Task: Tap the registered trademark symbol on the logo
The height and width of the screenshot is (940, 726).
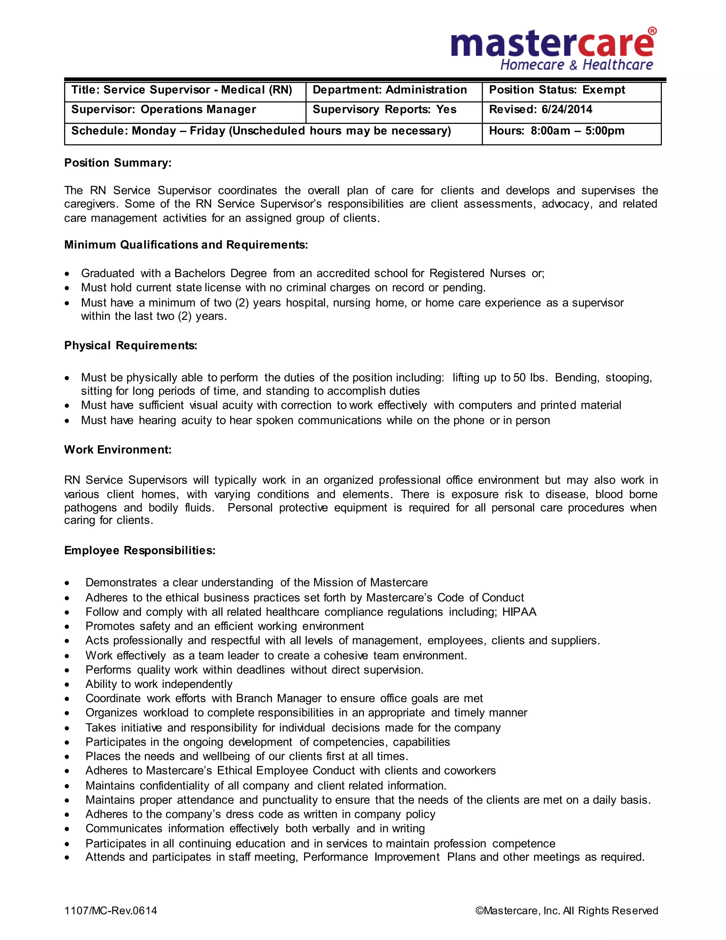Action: click(x=652, y=31)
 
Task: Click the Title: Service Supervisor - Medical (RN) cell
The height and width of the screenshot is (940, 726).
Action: click(x=181, y=90)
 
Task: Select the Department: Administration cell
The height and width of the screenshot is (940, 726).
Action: click(x=389, y=90)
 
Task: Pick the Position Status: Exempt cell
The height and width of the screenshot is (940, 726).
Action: click(x=557, y=90)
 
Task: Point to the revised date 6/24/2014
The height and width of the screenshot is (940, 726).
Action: click(x=566, y=110)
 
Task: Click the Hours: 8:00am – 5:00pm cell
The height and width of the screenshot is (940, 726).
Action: click(x=557, y=131)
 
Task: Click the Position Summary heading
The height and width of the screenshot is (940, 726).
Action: click(x=118, y=163)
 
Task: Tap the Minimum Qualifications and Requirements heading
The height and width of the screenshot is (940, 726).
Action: click(x=186, y=245)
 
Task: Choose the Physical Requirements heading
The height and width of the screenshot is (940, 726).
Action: click(x=130, y=345)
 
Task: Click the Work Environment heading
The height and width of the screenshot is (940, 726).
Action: click(x=118, y=450)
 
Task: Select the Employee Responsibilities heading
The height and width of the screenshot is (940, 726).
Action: click(x=139, y=551)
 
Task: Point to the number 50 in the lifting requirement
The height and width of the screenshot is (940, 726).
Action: click(x=519, y=378)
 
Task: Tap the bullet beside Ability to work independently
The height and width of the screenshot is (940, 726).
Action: click(x=67, y=685)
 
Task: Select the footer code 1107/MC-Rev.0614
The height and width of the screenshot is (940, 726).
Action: click(x=111, y=910)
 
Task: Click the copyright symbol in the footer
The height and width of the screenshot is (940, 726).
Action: click(x=479, y=911)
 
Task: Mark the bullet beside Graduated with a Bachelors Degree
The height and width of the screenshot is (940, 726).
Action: click(x=67, y=274)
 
